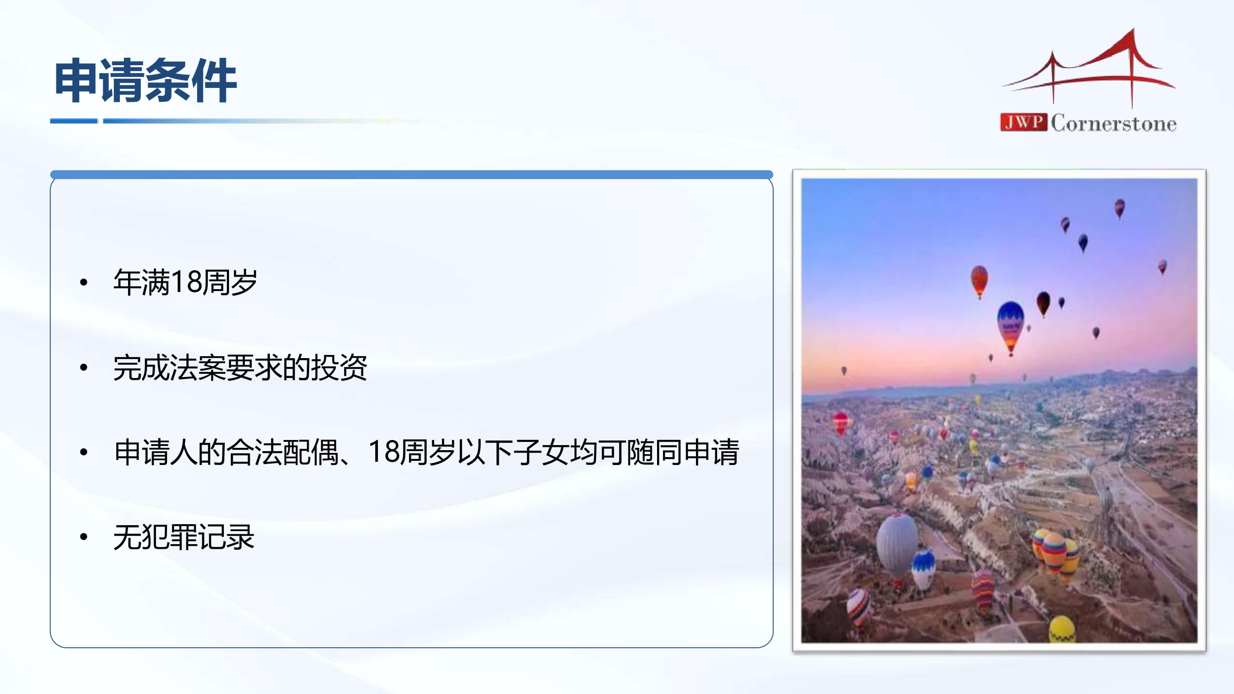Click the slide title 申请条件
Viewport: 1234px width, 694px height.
coord(146,81)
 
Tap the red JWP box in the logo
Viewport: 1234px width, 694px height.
coord(1023,122)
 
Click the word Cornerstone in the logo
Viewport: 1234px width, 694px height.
coord(1114,123)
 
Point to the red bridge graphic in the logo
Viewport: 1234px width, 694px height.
coord(1088,67)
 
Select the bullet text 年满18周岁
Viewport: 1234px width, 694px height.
coord(186,282)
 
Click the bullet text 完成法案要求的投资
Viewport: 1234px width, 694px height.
coord(240,367)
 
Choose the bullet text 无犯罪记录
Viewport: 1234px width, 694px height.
coord(184,537)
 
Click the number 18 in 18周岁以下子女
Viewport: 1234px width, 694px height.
coord(384,451)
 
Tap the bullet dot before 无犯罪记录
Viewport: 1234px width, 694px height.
coord(84,537)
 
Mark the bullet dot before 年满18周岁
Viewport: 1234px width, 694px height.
coord(84,282)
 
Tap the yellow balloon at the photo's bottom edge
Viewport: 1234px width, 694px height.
coord(1062,629)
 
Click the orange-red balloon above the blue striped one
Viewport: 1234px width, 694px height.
coord(979,282)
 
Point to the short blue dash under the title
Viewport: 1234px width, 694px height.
coord(74,121)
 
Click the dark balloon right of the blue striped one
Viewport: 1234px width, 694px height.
coord(1043,304)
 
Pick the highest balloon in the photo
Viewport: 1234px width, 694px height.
coord(1120,208)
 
